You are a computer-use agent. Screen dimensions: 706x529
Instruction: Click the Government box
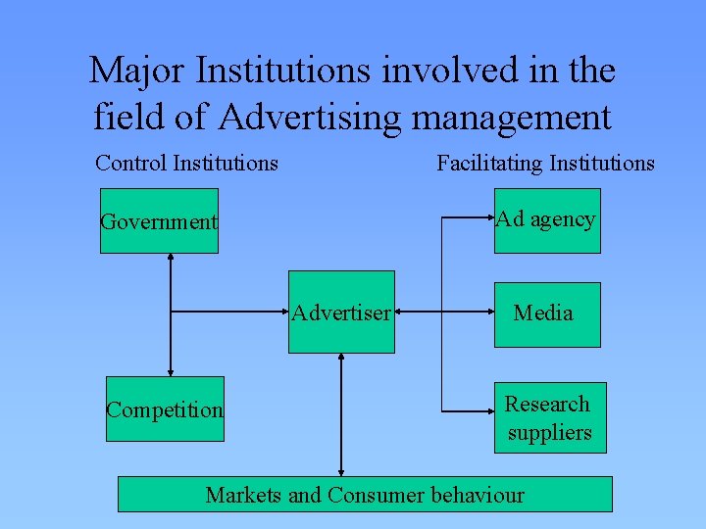click(x=159, y=222)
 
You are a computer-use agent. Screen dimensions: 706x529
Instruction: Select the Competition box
click(x=165, y=409)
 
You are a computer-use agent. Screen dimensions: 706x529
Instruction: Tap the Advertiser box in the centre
click(x=342, y=313)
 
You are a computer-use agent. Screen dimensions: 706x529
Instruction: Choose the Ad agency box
click(x=546, y=220)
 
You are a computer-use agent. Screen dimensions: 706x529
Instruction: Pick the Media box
click(x=546, y=313)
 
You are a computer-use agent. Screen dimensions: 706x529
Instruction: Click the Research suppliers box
click(x=549, y=418)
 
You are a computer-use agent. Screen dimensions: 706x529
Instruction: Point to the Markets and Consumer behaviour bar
click(x=365, y=495)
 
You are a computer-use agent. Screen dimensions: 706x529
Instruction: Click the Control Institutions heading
click(x=186, y=163)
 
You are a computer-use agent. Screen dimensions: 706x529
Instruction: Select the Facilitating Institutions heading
click(x=545, y=163)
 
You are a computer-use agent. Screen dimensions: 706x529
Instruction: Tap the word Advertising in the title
click(x=310, y=117)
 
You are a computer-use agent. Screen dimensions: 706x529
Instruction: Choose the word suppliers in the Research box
click(x=549, y=433)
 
